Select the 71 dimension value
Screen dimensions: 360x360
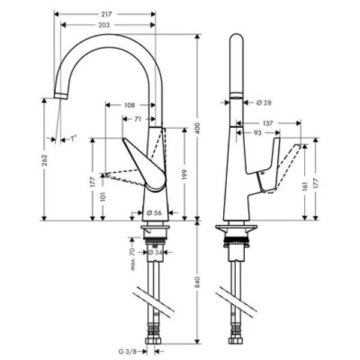[138, 119]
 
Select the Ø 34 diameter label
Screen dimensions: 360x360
[155, 253]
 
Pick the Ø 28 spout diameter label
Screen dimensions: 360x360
[264, 103]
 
